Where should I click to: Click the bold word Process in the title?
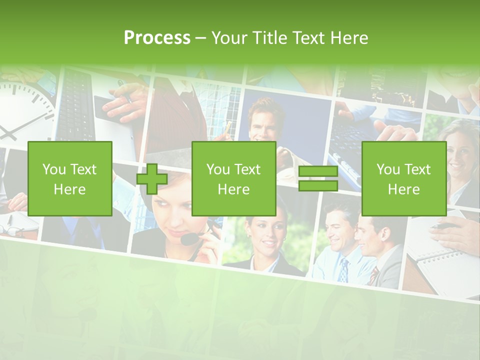pyautogui.click(x=157, y=38)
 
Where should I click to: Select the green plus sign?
pyautogui.click(x=152, y=179)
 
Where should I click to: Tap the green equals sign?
pyautogui.click(x=318, y=179)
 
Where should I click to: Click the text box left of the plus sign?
pyautogui.click(x=70, y=179)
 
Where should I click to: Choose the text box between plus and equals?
pyautogui.click(x=234, y=179)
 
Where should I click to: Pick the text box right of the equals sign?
pyautogui.click(x=404, y=179)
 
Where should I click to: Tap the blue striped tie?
pyautogui.click(x=343, y=270)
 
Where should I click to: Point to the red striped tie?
pyautogui.click(x=374, y=275)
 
